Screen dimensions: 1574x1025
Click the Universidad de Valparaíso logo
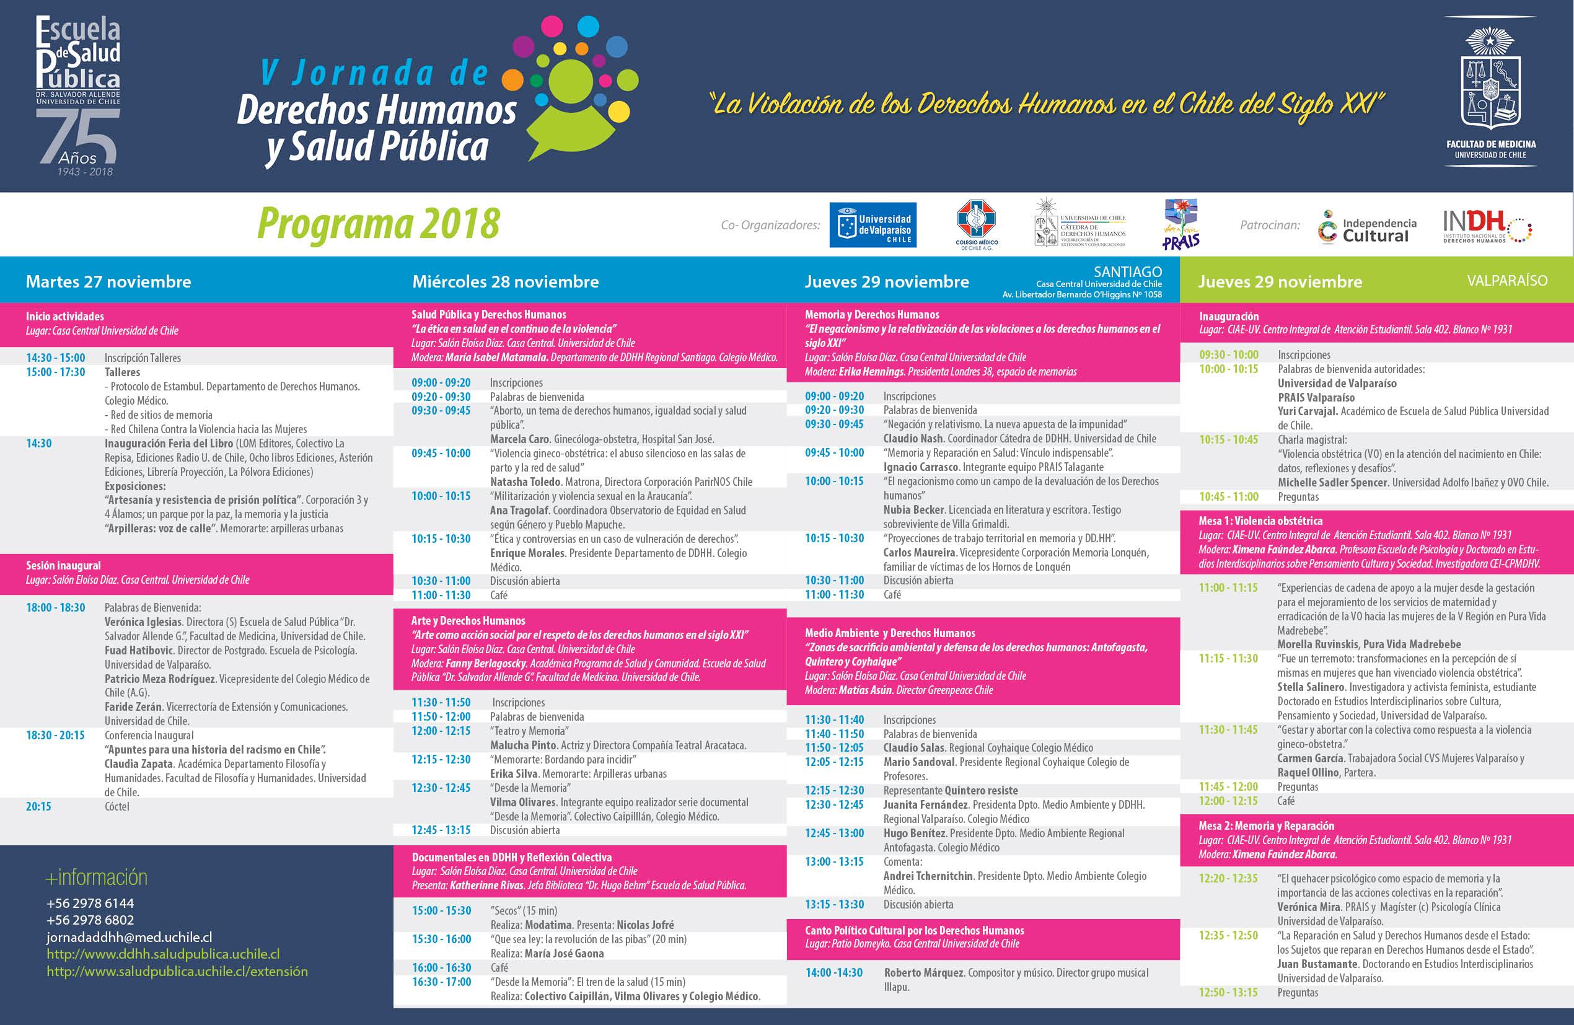[x=873, y=225]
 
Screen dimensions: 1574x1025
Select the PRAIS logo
[x=1181, y=225]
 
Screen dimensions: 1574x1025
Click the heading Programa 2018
[x=377, y=224]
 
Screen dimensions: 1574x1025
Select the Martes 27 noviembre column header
[x=108, y=282]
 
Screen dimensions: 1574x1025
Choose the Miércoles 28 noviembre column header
[x=505, y=282]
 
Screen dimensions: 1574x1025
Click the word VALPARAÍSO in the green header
[x=1507, y=280]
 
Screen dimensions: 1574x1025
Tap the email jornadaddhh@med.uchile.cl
[x=129, y=937]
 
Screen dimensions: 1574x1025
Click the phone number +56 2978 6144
[x=90, y=903]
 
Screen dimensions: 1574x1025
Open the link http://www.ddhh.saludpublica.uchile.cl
[x=163, y=954]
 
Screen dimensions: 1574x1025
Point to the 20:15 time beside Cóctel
[x=38, y=807]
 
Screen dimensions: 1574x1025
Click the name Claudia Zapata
[x=139, y=763]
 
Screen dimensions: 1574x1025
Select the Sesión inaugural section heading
[x=63, y=565]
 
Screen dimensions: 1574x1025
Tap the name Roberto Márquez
[x=925, y=973]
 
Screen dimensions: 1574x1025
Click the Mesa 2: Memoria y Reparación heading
[x=1266, y=825]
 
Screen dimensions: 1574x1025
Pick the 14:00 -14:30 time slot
[x=833, y=973]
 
